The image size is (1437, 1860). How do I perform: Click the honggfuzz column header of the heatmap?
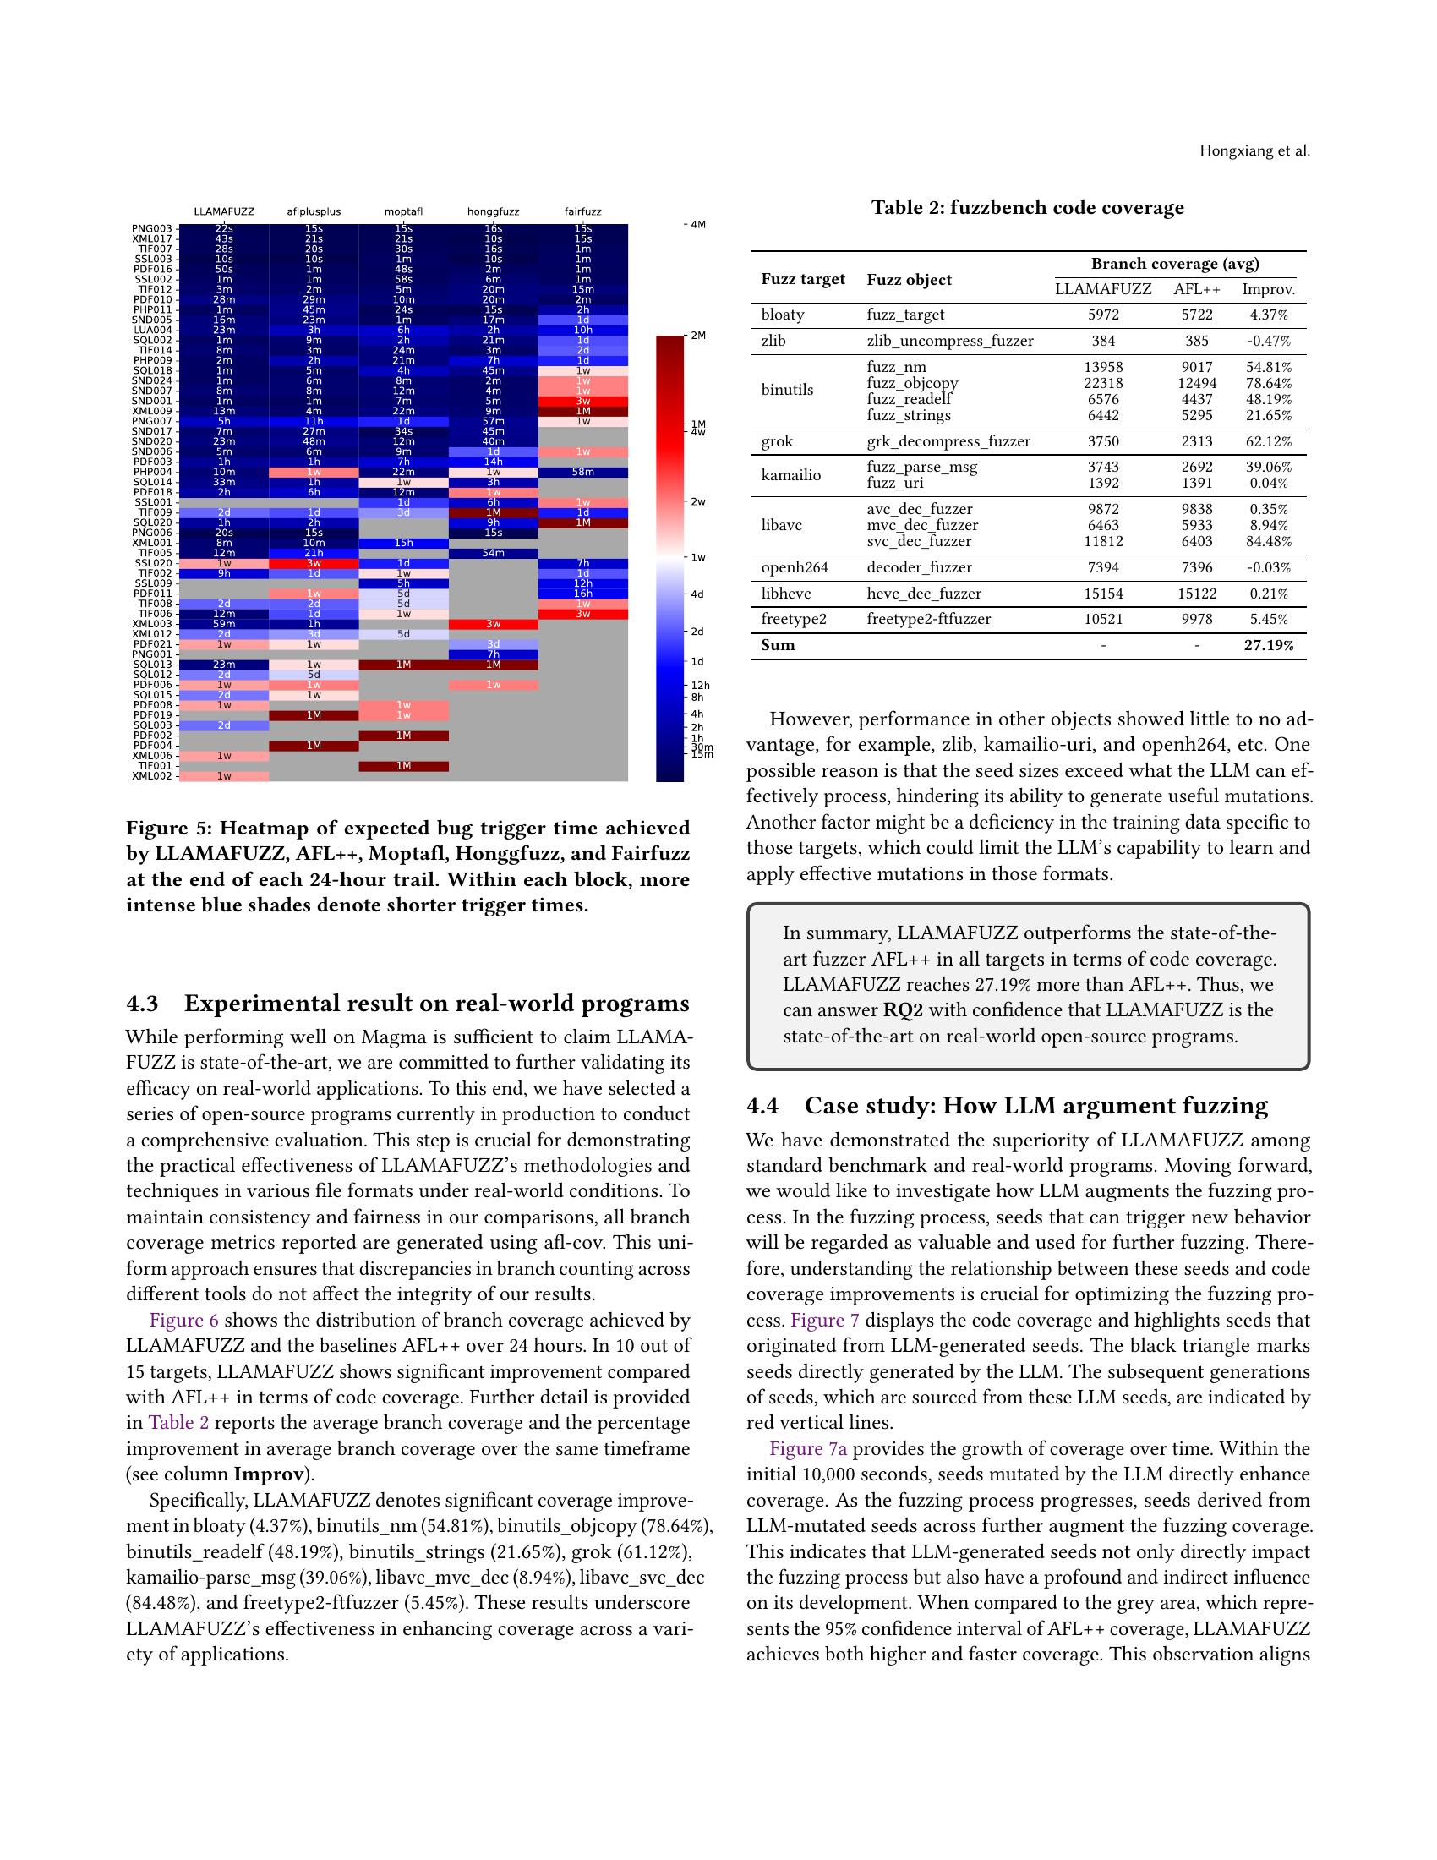pos(493,211)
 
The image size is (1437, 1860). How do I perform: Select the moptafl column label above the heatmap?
pos(403,211)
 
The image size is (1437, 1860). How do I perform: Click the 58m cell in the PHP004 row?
pos(583,472)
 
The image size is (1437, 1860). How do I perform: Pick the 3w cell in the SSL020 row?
pos(314,563)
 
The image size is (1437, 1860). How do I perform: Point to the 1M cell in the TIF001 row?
pos(403,766)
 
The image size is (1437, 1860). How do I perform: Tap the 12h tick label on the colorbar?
pos(701,685)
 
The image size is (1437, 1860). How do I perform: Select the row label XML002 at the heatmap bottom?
pos(152,776)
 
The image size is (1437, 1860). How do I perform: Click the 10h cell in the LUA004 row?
pos(583,331)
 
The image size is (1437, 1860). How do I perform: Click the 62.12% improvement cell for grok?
pos(1269,441)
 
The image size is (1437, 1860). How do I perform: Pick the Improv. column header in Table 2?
pos(1269,289)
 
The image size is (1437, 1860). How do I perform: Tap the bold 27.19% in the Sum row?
pos(1269,646)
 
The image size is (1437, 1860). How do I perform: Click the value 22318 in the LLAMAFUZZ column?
pos(1103,383)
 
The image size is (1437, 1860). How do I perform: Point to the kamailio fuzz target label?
pos(791,475)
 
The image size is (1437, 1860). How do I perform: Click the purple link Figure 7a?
pos(808,1448)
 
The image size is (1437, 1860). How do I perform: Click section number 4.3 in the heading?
pos(142,1004)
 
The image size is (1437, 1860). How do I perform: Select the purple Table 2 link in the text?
pos(178,1423)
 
